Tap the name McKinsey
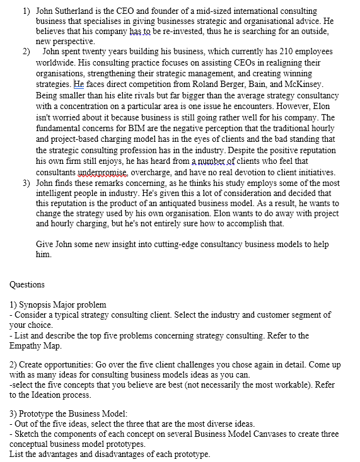click(x=303, y=84)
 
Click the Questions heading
click(x=27, y=284)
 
